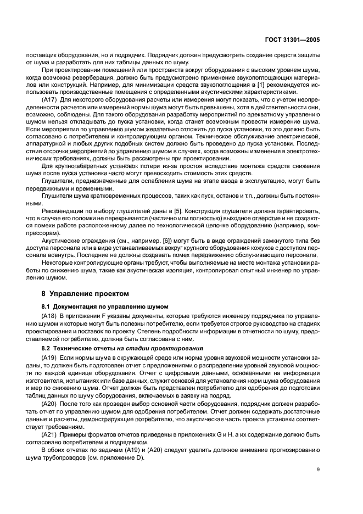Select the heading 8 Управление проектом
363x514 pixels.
pyautogui.click(x=79, y=294)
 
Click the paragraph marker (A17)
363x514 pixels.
pyautogui.click(x=49, y=100)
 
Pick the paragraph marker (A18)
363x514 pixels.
pyautogui.click(x=49, y=317)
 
